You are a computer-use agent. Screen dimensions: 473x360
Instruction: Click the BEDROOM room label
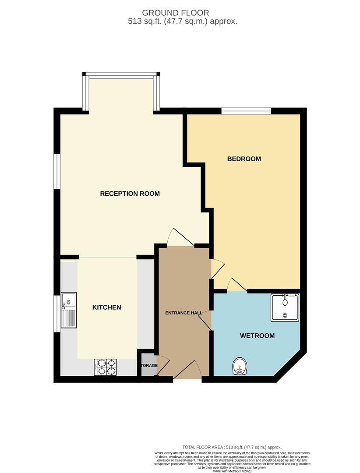(244, 159)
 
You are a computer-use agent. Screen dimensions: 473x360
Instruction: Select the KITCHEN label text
(106, 307)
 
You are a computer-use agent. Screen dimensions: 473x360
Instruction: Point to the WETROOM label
(257, 336)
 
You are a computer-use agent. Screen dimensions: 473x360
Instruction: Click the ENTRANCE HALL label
(184, 313)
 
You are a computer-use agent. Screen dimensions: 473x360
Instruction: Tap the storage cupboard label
(148, 365)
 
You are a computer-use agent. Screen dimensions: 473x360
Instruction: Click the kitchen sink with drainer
(69, 311)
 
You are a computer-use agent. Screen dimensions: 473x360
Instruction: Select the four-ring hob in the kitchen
(106, 367)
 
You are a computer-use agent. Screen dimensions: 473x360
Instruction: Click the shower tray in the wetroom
(285, 307)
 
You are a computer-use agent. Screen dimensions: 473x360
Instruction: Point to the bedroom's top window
(246, 111)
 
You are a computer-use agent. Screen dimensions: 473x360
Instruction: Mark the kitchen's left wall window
(56, 314)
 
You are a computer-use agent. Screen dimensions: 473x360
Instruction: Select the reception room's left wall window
(56, 170)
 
